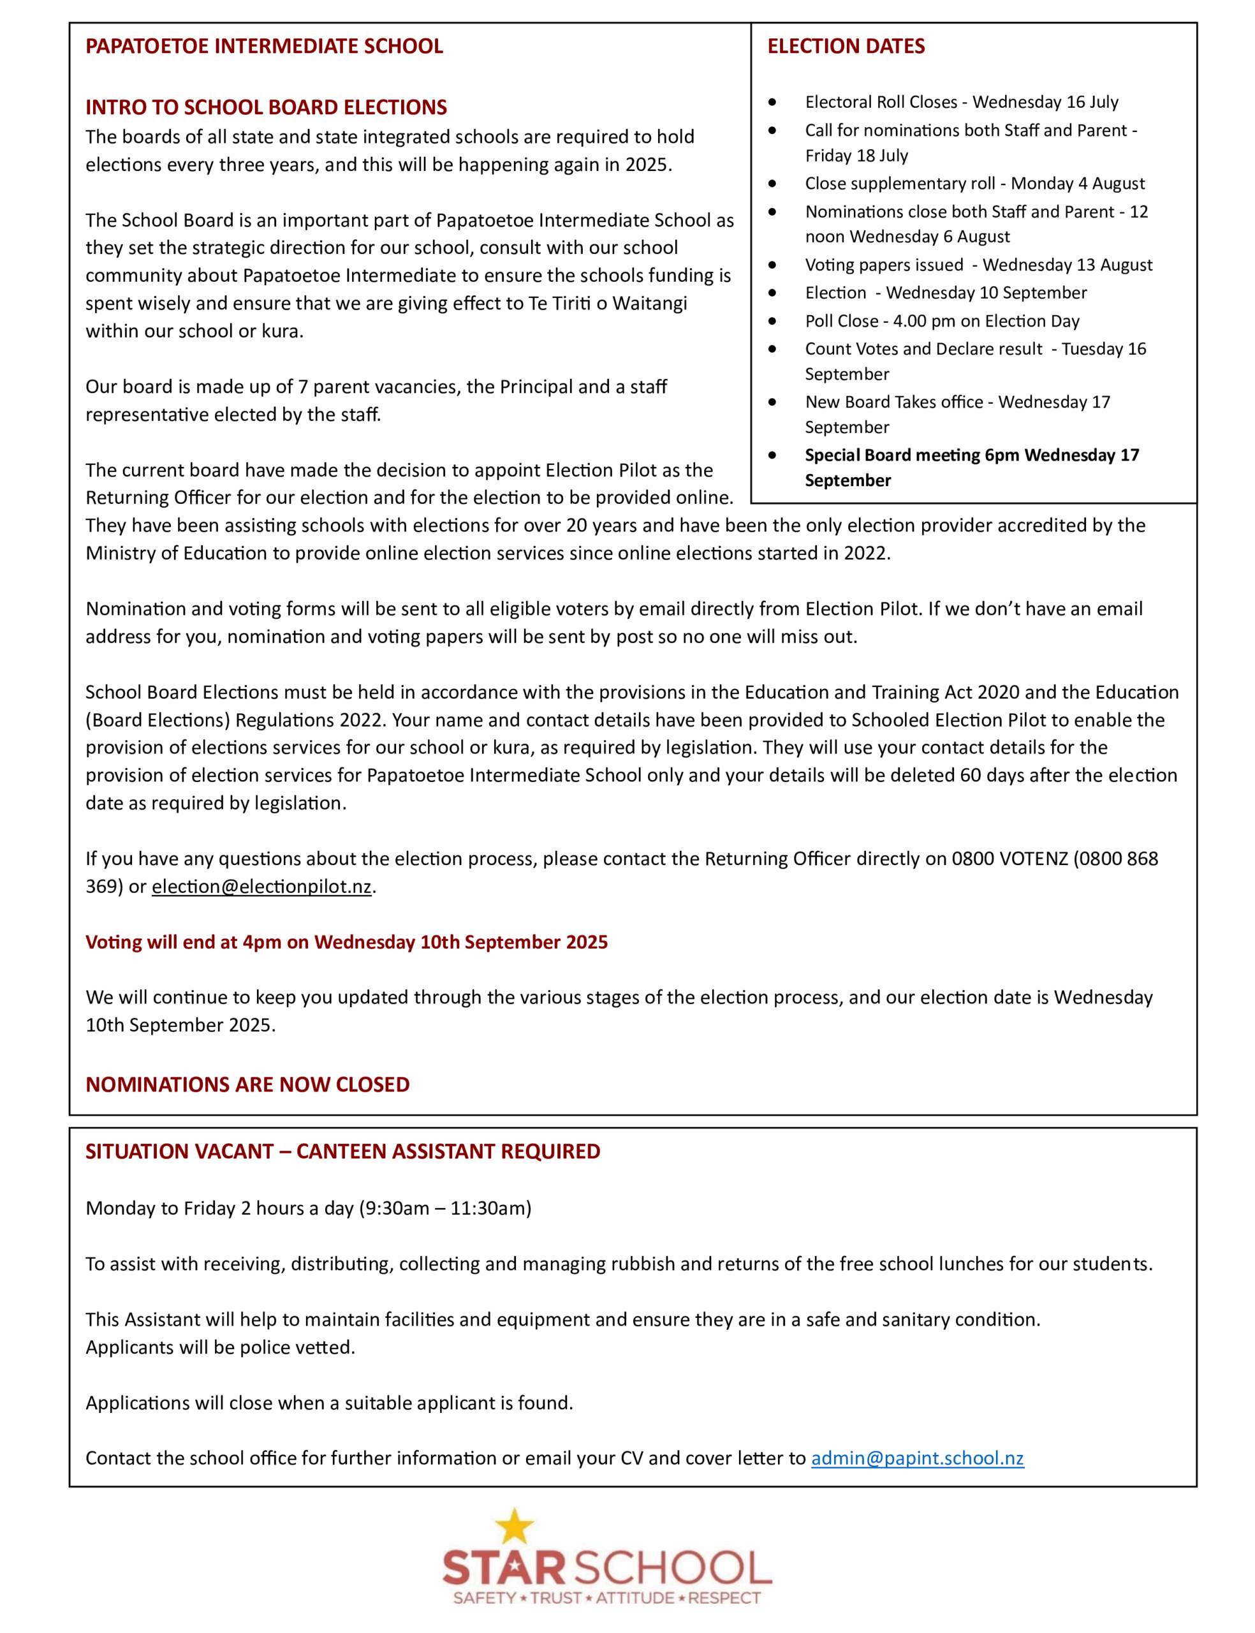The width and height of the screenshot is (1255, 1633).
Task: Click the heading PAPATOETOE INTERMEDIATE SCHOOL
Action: pos(265,47)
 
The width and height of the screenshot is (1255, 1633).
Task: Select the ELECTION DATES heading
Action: pos(846,47)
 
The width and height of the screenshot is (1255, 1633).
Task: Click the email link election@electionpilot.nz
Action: pos(261,887)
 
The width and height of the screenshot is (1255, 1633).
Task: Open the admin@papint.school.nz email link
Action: pos(918,1458)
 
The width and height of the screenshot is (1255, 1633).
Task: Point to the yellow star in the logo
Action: pos(515,1525)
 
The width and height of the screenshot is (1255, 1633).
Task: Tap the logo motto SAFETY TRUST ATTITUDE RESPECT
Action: pos(606,1598)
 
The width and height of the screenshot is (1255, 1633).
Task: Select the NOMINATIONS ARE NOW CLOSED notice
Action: pos(247,1084)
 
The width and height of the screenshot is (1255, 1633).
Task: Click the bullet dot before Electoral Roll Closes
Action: pos(772,101)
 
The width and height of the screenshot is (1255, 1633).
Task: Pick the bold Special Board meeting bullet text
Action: pos(971,468)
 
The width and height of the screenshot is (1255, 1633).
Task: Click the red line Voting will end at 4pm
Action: pos(347,942)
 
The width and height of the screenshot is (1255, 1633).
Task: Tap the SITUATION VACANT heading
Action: pos(343,1151)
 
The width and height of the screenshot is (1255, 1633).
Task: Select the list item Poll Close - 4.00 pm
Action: pos(942,321)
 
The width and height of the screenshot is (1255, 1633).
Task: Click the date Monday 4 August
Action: pos(1078,184)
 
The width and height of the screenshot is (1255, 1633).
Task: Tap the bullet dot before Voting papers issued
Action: pos(772,265)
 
